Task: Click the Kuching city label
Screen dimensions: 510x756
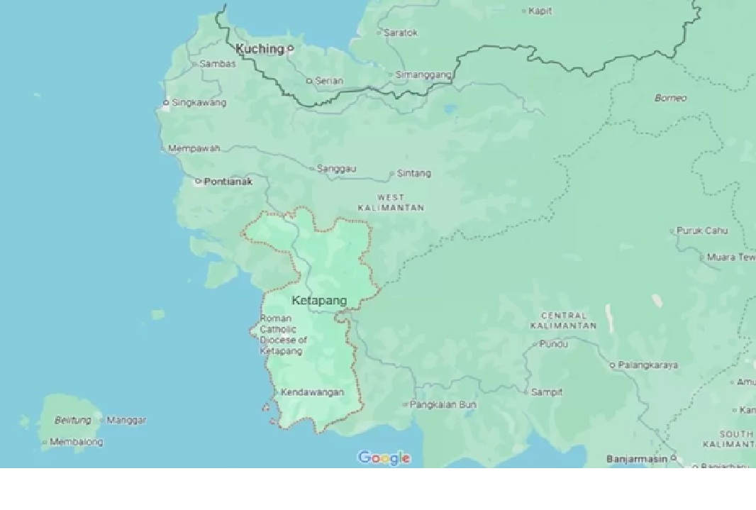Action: (x=260, y=49)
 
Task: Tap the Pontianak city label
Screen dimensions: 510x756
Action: (x=228, y=182)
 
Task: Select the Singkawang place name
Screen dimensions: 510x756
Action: (x=199, y=103)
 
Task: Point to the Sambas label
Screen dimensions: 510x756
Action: (x=217, y=64)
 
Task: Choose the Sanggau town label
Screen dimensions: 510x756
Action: (x=336, y=169)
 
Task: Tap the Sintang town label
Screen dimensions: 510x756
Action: (x=413, y=173)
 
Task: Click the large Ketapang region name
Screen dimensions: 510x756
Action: (x=319, y=301)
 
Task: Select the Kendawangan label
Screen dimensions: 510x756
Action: (x=312, y=392)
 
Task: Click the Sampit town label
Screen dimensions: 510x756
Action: (x=546, y=392)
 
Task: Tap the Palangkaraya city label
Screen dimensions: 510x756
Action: (x=647, y=365)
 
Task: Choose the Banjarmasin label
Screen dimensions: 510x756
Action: (x=637, y=459)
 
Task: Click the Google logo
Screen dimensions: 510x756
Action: (x=384, y=458)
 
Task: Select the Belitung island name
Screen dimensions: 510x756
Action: (x=73, y=420)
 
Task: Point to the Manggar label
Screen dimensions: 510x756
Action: (x=126, y=420)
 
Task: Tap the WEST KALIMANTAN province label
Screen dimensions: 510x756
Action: (x=391, y=202)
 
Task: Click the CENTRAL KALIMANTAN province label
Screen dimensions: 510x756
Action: (x=564, y=321)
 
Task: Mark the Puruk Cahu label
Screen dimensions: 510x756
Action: (x=702, y=231)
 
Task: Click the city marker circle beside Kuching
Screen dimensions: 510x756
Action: (x=290, y=49)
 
